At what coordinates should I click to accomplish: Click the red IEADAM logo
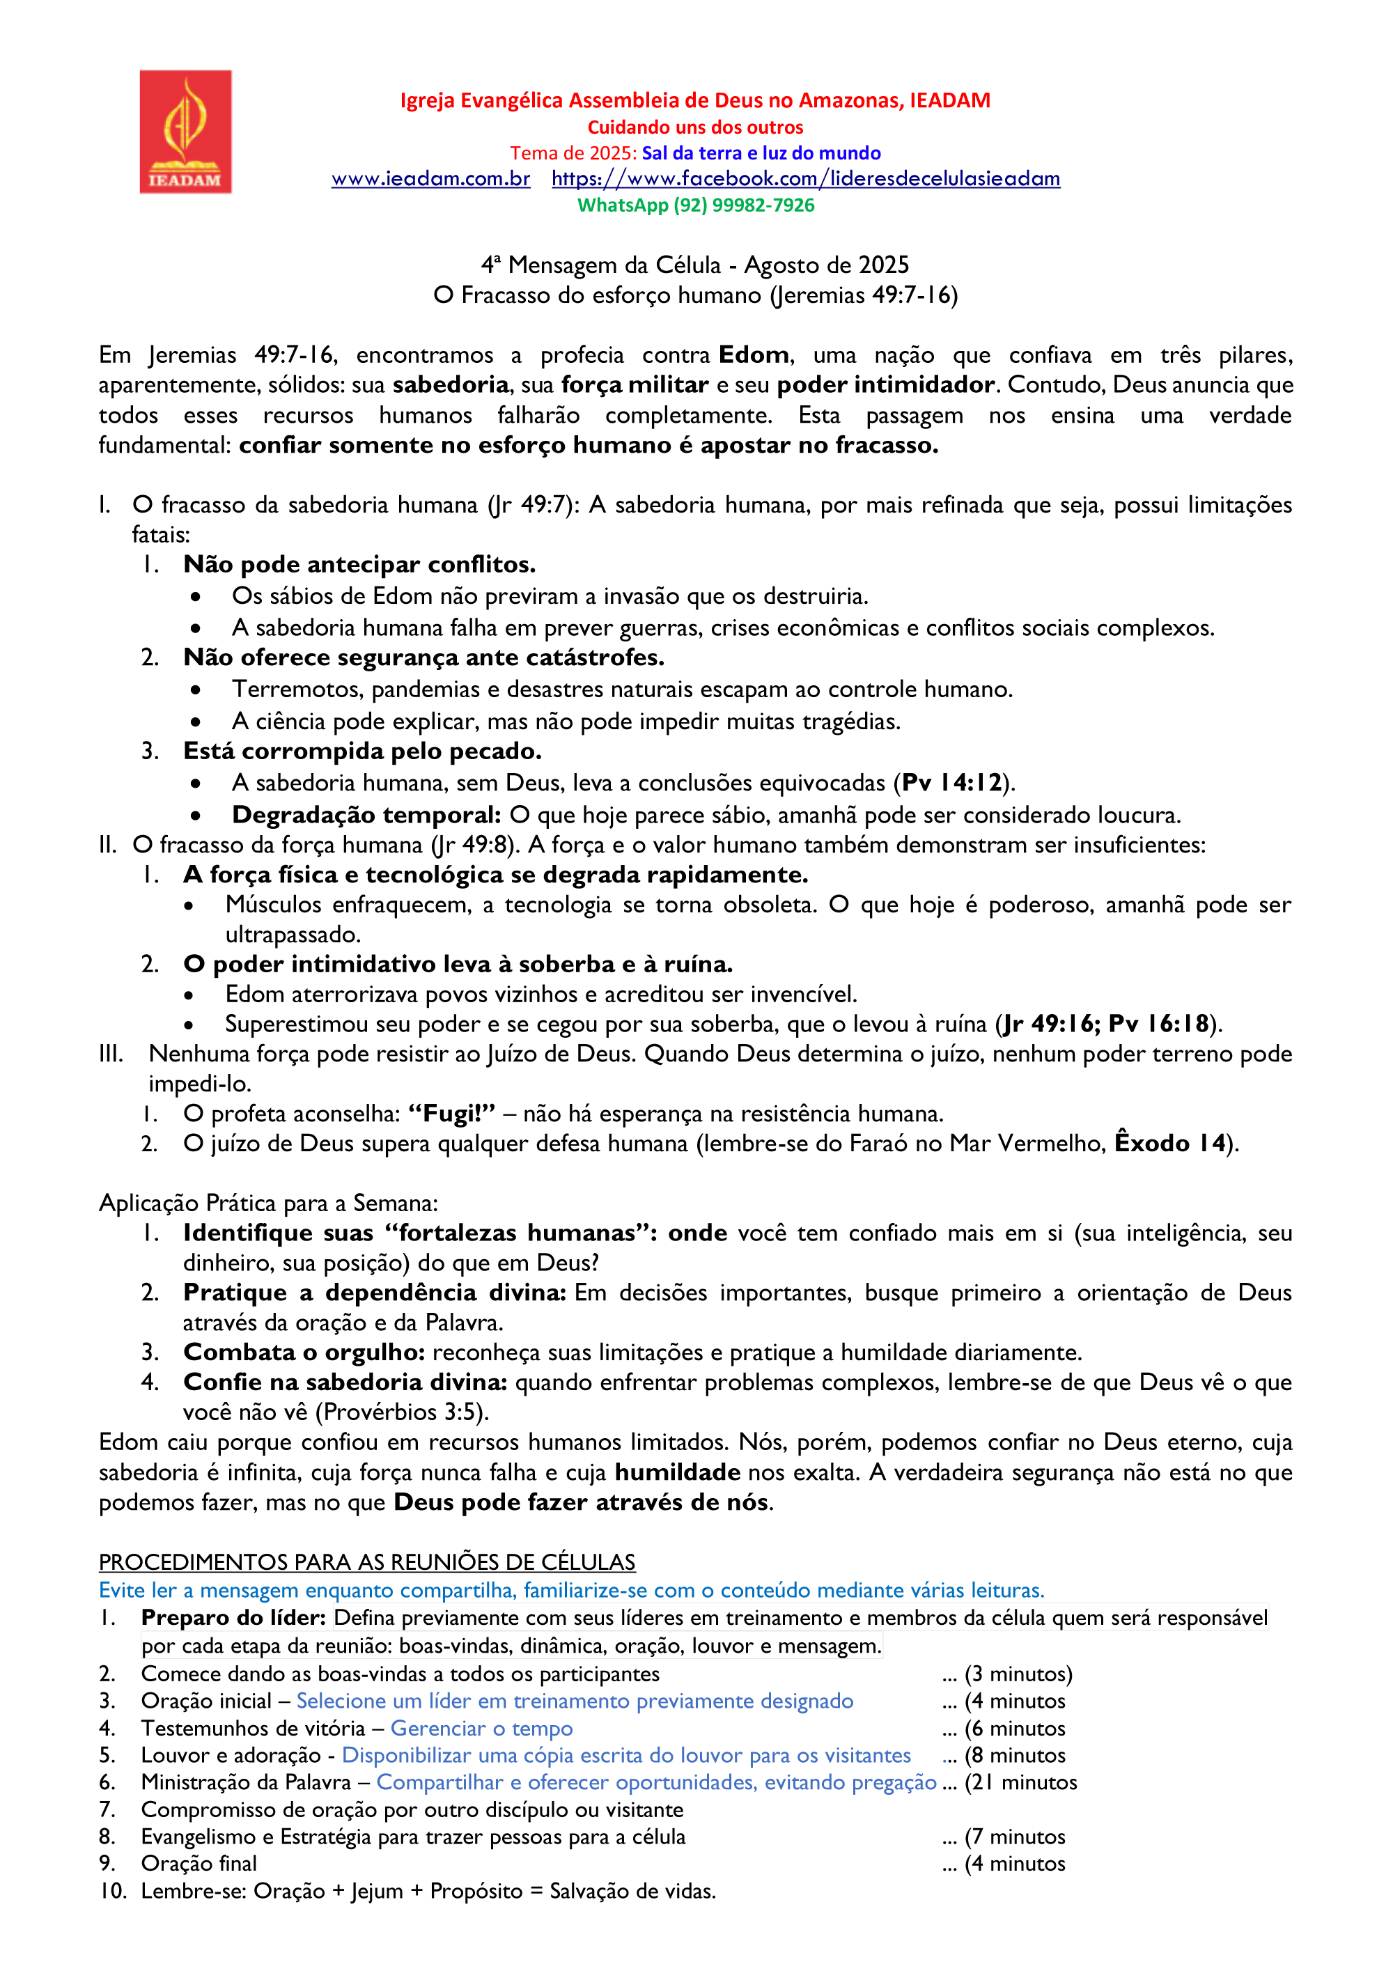(185, 132)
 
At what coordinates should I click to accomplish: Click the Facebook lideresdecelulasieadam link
(805, 178)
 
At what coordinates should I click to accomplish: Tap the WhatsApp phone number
(695, 205)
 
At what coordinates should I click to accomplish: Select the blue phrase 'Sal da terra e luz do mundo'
(761, 153)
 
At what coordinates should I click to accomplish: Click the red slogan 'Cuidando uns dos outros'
(695, 127)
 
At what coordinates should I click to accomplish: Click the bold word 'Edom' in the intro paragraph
(753, 355)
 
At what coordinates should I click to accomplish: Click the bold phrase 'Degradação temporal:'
(366, 815)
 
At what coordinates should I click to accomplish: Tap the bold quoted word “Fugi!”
(451, 1114)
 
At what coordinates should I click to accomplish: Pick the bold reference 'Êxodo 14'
(1169, 1144)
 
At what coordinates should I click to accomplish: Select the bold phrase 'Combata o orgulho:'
(304, 1352)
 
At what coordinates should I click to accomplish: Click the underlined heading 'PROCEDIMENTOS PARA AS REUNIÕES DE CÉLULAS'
(366, 1561)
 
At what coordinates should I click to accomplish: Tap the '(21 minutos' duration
(1020, 1782)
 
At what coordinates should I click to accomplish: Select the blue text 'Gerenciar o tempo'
(481, 1728)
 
